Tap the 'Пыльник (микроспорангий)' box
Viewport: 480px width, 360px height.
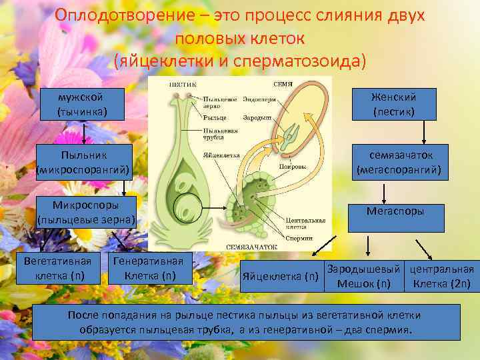coord(83,162)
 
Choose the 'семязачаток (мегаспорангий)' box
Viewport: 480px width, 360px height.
coord(399,162)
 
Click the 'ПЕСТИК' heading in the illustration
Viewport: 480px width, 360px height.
coord(182,85)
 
